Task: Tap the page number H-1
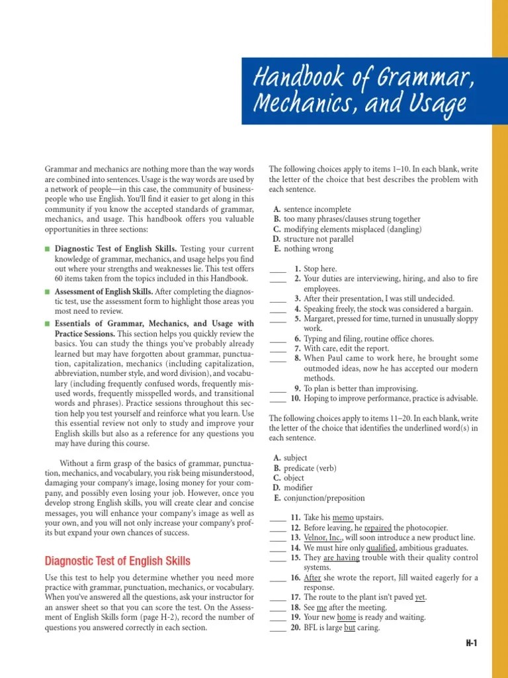(470, 643)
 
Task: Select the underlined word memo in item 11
(344, 517)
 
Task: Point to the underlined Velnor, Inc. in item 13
(322, 538)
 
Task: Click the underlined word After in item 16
(312, 577)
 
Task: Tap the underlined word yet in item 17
(421, 597)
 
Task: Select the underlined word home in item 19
(347, 617)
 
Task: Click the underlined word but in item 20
(350, 627)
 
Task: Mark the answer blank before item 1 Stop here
(277, 269)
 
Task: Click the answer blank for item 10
(277, 399)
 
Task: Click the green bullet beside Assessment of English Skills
(48, 291)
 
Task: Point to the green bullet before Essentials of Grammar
(48, 323)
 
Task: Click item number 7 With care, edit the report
(298, 348)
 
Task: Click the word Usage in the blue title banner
(433, 104)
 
